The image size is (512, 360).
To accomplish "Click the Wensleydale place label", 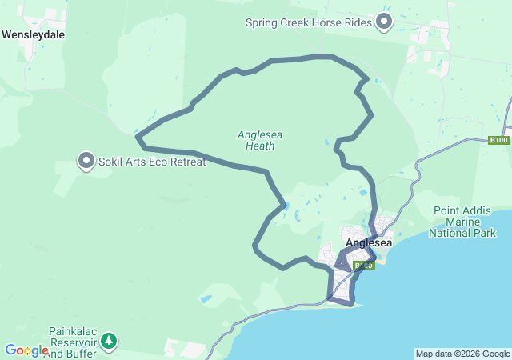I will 34,35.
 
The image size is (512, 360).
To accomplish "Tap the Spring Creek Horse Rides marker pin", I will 385,22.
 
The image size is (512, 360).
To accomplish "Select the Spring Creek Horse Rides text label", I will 310,22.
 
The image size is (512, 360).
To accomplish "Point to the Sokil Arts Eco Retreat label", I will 152,162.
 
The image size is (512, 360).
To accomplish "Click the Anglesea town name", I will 368,243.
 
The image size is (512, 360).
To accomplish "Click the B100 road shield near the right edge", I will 498,141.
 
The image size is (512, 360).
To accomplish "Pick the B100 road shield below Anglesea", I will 363,265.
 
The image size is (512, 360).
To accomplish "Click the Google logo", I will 26,350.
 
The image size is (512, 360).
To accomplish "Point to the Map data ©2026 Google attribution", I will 462,354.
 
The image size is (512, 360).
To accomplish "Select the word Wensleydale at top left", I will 34,35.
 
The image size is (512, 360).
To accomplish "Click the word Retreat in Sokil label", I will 187,162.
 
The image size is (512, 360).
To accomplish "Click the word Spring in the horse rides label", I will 263,22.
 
